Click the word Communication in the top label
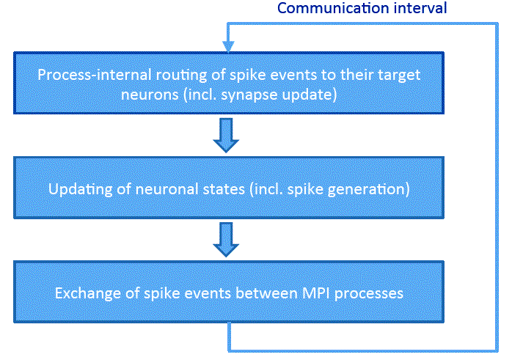[x=333, y=8]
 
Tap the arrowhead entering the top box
[x=228, y=46]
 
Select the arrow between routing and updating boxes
[x=226, y=135]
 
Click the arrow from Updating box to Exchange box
[x=226, y=240]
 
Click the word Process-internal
[x=95, y=75]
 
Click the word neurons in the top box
[x=150, y=95]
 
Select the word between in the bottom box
[x=266, y=293]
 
